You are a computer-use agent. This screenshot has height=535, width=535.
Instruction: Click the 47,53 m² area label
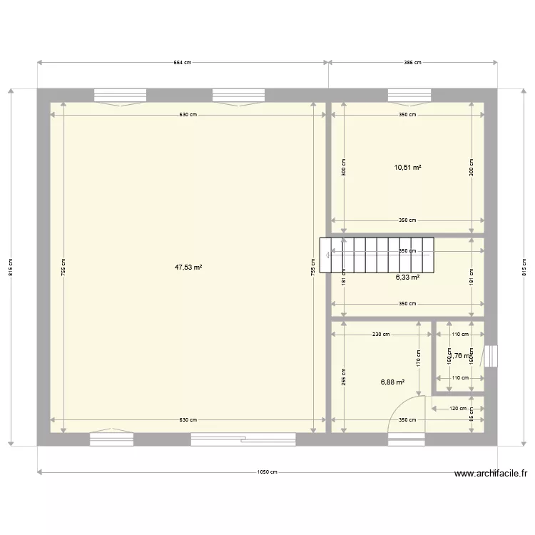188,267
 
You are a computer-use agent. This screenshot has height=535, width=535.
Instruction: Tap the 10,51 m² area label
407,168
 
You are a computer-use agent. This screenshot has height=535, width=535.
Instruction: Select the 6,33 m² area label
407,277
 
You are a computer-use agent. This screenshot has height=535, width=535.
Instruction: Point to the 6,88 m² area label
393,382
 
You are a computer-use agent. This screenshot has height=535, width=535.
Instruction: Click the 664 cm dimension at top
183,63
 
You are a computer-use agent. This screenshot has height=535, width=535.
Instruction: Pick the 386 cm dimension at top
412,63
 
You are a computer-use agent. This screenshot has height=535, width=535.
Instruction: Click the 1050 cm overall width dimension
268,472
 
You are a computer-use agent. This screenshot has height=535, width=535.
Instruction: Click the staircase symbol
376,255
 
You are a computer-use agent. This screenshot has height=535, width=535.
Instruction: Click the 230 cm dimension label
381,334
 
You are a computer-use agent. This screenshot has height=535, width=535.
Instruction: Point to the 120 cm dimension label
458,409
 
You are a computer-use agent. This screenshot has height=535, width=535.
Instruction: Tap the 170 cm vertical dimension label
419,356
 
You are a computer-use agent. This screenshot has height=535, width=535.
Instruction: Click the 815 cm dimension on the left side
11,267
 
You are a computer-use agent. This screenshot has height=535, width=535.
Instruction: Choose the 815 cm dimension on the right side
524,267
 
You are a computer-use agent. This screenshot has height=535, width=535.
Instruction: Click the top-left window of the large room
120,95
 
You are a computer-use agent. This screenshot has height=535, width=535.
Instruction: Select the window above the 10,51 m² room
409,95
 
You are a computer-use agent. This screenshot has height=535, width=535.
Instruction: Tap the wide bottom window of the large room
243,439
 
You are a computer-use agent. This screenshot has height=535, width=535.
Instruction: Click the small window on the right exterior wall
490,356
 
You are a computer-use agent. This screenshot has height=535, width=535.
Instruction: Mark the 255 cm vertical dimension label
344,376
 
